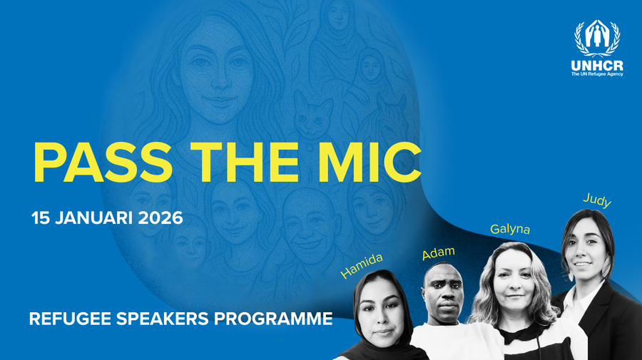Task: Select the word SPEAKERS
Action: pos(156,319)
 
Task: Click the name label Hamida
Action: pos(362,265)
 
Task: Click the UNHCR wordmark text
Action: pos(597,65)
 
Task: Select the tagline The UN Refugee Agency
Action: pos(597,73)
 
